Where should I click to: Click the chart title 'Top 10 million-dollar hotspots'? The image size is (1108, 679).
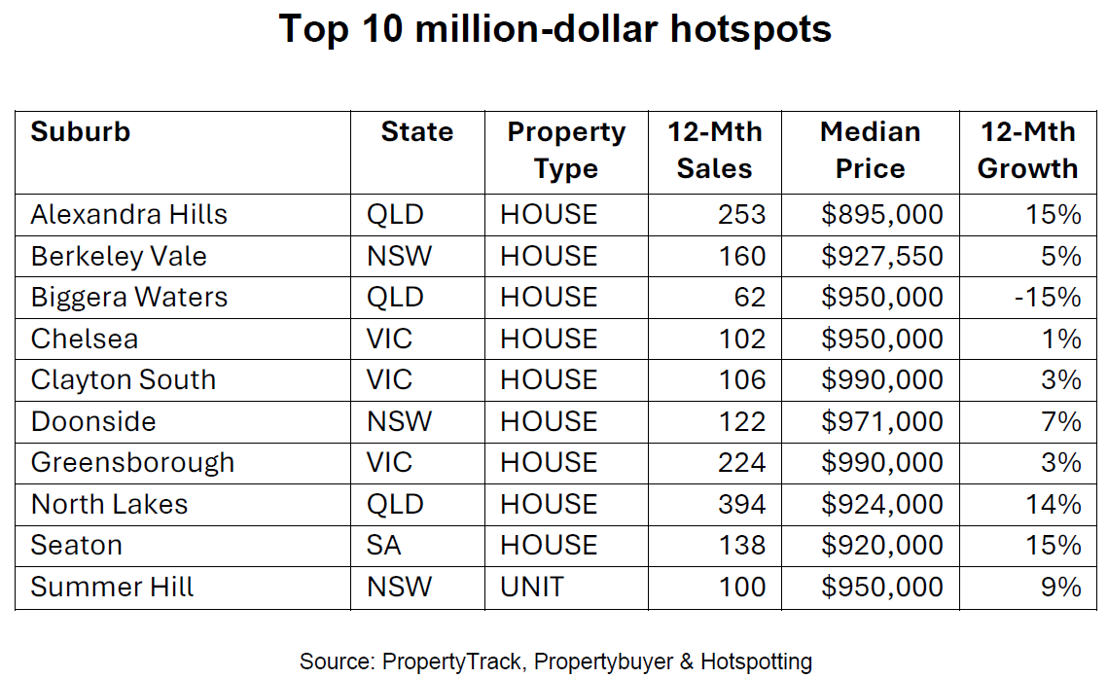pos(554,29)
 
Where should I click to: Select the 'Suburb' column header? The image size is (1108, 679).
pos(81,132)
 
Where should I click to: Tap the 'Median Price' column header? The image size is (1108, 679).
pos(870,150)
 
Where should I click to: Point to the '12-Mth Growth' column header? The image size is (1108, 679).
pos(1027,150)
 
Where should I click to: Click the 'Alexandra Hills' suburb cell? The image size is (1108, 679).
pos(128,214)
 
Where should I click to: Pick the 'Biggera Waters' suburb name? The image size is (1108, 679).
pos(128,297)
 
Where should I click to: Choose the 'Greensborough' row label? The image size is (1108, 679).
pos(132,462)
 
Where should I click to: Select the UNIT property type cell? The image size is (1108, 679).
pos(532,587)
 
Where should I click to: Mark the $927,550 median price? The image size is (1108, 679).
pos(882,256)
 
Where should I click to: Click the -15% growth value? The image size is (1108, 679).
pos(1047,297)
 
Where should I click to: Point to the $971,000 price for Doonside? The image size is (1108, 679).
pos(882,421)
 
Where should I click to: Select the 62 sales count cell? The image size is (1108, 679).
pos(750,297)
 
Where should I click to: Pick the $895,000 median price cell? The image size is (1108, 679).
pos(882,214)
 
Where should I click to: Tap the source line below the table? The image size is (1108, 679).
pos(554,661)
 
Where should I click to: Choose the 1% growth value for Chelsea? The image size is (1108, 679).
pos(1060,339)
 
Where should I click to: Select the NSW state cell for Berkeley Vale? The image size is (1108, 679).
pos(399,256)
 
